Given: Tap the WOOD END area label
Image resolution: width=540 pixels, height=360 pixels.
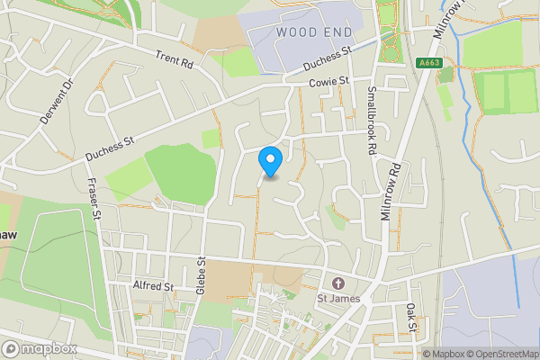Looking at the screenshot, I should (x=313, y=32).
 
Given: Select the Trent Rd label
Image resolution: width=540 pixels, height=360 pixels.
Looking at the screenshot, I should (x=175, y=58).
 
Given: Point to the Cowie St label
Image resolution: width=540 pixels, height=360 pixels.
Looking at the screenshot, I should (x=328, y=82).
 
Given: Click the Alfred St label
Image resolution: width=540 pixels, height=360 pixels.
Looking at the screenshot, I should (x=152, y=286).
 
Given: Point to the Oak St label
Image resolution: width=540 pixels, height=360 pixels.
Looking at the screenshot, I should (x=410, y=319).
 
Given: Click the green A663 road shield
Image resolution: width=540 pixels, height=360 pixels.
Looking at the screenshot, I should (x=430, y=63).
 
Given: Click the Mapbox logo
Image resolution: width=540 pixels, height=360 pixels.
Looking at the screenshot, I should (x=39, y=348).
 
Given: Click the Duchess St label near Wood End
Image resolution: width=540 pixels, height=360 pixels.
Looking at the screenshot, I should (x=328, y=58).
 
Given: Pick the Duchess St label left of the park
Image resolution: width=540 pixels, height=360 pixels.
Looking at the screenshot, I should (x=110, y=148).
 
